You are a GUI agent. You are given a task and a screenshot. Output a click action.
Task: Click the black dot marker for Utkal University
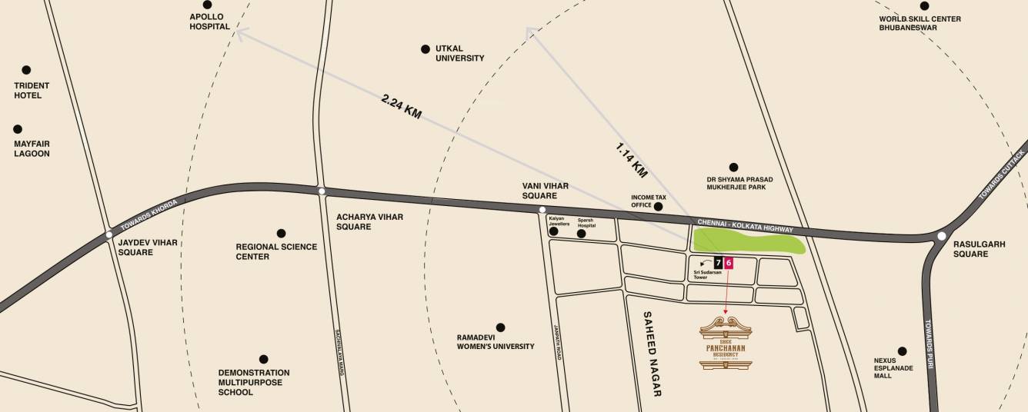point(425,49)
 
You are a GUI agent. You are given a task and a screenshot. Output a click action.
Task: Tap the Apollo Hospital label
point(210,21)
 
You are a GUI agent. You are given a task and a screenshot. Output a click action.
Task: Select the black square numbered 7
point(718,263)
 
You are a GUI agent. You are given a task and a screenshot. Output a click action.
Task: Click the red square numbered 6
point(729,263)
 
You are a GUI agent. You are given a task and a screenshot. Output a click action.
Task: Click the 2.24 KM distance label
point(402,106)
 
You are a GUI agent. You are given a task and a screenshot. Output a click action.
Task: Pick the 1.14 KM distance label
point(632,155)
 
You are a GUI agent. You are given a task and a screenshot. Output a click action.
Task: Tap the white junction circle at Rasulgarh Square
point(941,237)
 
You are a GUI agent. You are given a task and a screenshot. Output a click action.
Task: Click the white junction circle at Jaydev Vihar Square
point(109,234)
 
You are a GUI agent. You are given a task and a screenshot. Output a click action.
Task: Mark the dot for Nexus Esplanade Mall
point(902,351)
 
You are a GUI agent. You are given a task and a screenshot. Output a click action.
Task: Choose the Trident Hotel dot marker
point(26,70)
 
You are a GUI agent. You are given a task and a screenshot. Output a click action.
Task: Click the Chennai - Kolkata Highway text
point(744,226)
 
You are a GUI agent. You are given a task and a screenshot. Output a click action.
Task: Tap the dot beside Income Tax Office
point(658,206)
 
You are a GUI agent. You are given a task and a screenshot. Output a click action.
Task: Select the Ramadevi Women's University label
point(496,341)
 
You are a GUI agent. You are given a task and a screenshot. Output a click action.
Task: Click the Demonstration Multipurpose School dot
point(264,359)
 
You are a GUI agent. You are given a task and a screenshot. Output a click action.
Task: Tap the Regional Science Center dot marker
point(281,233)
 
